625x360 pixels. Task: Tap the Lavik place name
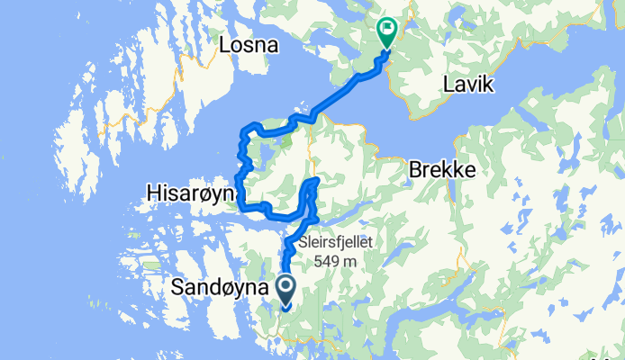point(469,86)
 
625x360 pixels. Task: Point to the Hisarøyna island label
point(191,193)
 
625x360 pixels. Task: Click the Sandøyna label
point(220,288)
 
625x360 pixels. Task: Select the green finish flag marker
point(387,32)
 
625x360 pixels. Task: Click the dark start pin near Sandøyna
point(286,289)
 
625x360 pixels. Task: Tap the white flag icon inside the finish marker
point(387,29)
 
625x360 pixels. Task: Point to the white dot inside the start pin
point(286,287)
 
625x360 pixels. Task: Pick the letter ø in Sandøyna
point(234,288)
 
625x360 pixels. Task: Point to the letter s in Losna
point(250,45)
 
